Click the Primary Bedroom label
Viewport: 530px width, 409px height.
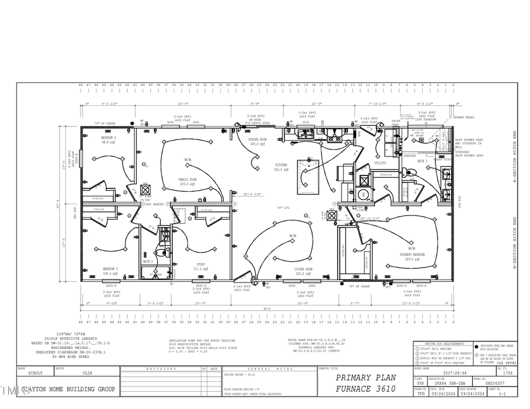tap(412, 255)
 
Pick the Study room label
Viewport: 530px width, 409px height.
tap(201, 266)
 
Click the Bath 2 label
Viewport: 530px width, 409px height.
tap(148, 261)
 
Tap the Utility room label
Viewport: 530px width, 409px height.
tap(380, 163)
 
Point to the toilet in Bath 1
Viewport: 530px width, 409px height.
tap(413, 171)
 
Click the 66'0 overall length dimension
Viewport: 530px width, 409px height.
tap(266, 308)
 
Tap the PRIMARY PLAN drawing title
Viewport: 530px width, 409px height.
tap(366, 377)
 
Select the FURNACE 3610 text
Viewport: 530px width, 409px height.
tap(366, 388)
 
